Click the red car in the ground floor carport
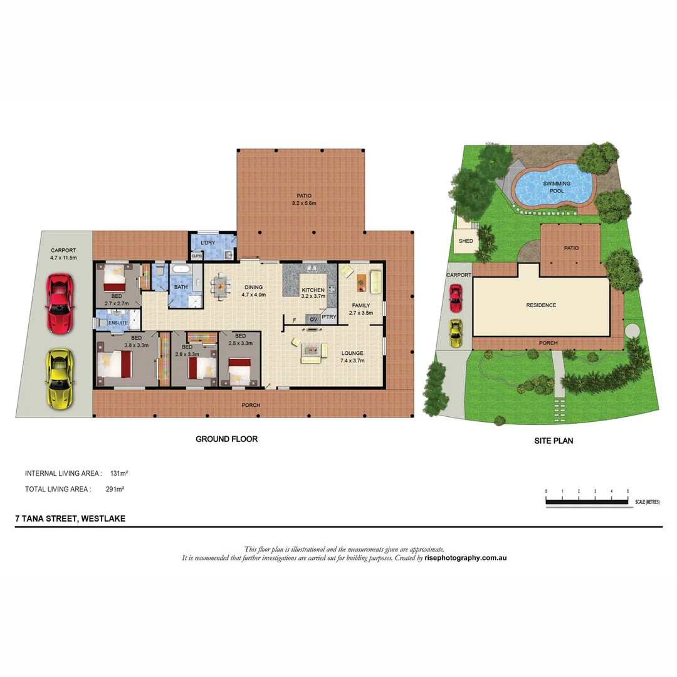[x=60, y=303]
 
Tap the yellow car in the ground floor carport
[x=60, y=379]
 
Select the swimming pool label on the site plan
[x=557, y=187]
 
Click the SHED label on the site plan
[x=465, y=241]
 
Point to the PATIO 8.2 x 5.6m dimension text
[x=304, y=203]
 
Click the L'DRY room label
[x=207, y=243]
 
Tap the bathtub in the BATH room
[x=181, y=270]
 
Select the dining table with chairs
[x=220, y=286]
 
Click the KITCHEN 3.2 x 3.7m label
[x=313, y=293]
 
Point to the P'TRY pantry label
[x=329, y=317]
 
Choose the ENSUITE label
[x=118, y=323]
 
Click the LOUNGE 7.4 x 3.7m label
[x=352, y=357]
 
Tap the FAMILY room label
[x=361, y=305]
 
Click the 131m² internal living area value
[x=119, y=473]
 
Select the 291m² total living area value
[x=115, y=489]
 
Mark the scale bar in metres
[x=587, y=501]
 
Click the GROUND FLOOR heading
[x=227, y=439]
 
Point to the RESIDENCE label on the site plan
[x=541, y=305]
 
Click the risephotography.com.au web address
[x=465, y=558]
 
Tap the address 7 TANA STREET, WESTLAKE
[x=70, y=518]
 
